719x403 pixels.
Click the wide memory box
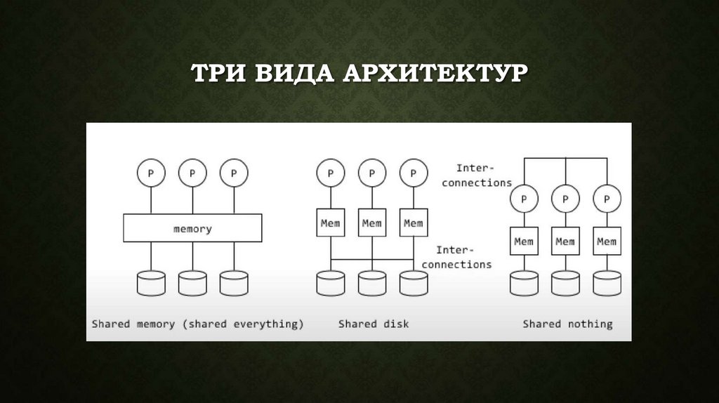point(192,228)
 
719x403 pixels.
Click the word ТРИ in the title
point(220,74)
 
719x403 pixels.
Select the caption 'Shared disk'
point(374,324)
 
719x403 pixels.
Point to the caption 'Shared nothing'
point(567,324)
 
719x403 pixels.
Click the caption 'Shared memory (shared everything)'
point(198,324)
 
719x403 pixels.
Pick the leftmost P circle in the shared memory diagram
point(151,172)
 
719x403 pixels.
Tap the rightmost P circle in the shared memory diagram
point(234,172)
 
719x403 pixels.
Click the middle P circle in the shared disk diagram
point(371,172)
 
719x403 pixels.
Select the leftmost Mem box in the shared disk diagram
point(330,223)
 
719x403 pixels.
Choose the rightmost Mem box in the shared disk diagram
point(413,223)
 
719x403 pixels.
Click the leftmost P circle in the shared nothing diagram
point(524,199)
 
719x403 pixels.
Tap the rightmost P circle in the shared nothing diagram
point(607,199)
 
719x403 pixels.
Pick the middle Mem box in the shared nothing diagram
point(565,242)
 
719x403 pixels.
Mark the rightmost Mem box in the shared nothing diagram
point(607,242)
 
